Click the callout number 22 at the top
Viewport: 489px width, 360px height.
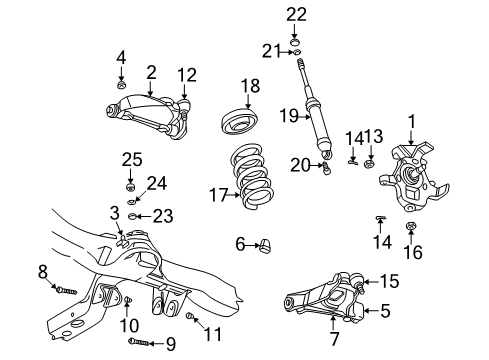click(x=295, y=13)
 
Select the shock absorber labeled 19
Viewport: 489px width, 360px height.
click(x=312, y=115)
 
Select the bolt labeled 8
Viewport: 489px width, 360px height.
click(x=63, y=290)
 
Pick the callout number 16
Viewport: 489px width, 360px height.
click(x=411, y=253)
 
